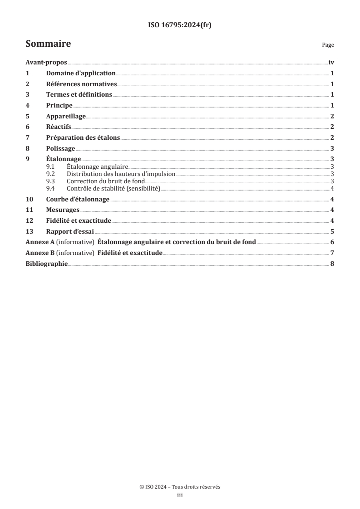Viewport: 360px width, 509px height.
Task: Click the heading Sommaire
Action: coord(48,44)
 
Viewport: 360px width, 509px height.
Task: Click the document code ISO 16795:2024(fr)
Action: coord(180,25)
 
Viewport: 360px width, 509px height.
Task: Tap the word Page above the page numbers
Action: coord(328,45)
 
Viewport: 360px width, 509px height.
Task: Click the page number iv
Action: coord(331,63)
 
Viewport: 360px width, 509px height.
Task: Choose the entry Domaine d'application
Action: coord(81,73)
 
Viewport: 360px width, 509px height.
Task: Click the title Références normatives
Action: coord(82,84)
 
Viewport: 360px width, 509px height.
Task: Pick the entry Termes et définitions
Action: coord(79,95)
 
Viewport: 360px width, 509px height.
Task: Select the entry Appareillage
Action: coord(66,116)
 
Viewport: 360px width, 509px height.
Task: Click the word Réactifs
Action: coord(59,127)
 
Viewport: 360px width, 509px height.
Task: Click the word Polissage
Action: coord(60,148)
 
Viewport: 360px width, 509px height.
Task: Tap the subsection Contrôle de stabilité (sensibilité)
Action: coord(113,189)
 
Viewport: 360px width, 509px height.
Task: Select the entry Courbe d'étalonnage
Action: coord(78,199)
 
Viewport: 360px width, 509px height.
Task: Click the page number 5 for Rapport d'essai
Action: coord(332,231)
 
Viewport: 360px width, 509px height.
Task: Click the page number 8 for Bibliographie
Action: coord(332,264)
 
